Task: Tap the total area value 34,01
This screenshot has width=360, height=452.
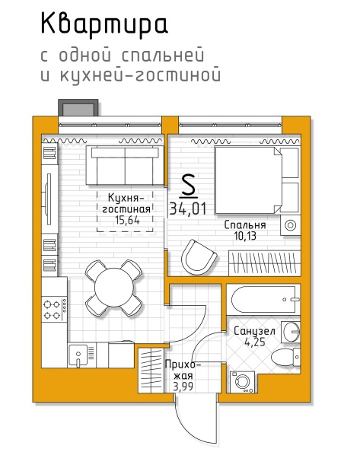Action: coord(188,208)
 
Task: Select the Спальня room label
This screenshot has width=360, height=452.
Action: coord(245,224)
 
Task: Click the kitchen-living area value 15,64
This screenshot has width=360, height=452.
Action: coord(127,220)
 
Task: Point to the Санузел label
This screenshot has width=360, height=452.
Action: coord(254,331)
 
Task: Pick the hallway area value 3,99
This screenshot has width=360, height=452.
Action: coord(183,387)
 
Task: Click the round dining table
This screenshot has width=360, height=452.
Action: coord(114,288)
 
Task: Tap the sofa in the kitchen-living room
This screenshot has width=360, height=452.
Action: coord(125,165)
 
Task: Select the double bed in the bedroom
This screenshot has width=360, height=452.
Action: coord(256,180)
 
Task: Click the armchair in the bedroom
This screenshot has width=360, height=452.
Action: coord(199,257)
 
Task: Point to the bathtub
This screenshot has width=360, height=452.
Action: coord(263,300)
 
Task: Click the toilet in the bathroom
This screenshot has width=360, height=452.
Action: coord(285,357)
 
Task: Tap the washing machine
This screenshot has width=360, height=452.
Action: coord(242,382)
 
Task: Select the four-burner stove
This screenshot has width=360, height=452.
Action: coord(55,310)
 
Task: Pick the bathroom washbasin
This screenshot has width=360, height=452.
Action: coord(291,332)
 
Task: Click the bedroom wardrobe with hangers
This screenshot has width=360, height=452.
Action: coord(265,263)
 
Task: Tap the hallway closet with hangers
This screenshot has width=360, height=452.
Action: coord(151,370)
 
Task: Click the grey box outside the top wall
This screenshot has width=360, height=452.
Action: coord(78,107)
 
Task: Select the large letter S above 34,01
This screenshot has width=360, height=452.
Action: coord(189,186)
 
